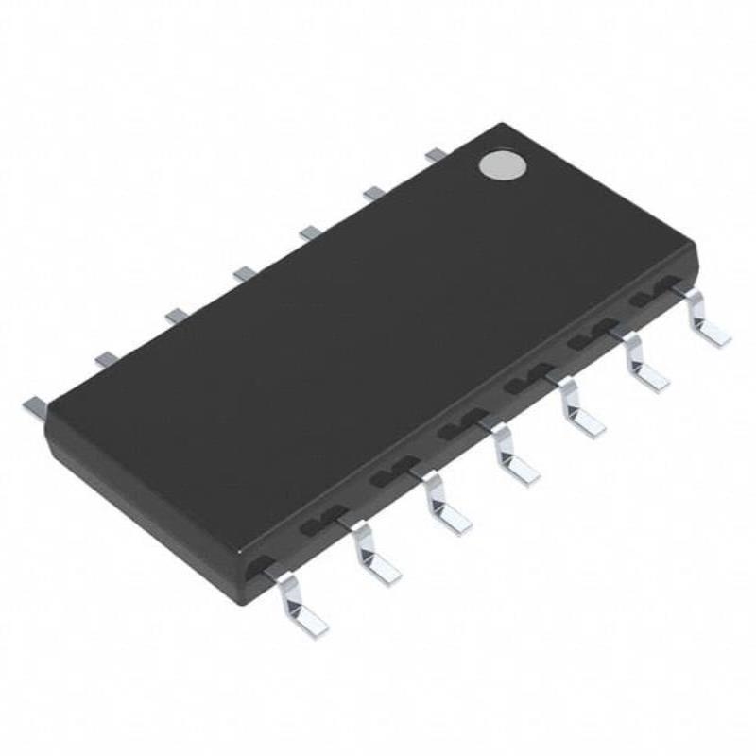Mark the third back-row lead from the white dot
tap(310, 232)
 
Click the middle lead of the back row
tap(245, 273)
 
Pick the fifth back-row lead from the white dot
tap(176, 315)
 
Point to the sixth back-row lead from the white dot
tap(107, 358)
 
